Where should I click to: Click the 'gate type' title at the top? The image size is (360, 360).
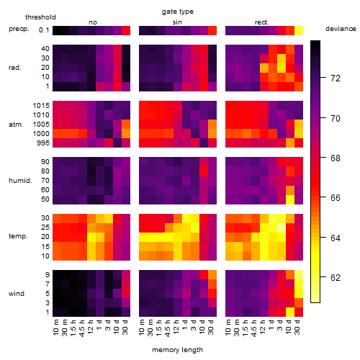178,12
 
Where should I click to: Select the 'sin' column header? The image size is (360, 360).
177,22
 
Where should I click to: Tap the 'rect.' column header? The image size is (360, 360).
261,22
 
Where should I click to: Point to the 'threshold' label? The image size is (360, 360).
40,17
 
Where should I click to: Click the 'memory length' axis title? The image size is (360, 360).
177,350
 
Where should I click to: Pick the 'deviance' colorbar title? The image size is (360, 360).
341,29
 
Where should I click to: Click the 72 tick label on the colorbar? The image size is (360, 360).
336,78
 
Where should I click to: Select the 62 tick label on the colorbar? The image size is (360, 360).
336,278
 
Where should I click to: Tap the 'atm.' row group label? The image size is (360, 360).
16,125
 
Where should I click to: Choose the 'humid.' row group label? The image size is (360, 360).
20,181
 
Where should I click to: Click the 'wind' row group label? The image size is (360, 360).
17,294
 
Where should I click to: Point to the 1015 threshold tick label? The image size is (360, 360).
41,106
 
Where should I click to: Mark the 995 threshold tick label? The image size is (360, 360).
43,143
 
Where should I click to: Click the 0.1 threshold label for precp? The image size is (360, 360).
44,30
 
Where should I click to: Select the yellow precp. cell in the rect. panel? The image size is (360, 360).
299,31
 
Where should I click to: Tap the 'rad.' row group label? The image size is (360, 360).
15,68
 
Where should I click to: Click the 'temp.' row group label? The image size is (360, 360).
18,236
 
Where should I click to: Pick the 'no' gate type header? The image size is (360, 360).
93,22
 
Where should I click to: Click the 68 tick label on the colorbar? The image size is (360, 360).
336,158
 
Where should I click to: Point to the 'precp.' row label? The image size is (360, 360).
19,29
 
